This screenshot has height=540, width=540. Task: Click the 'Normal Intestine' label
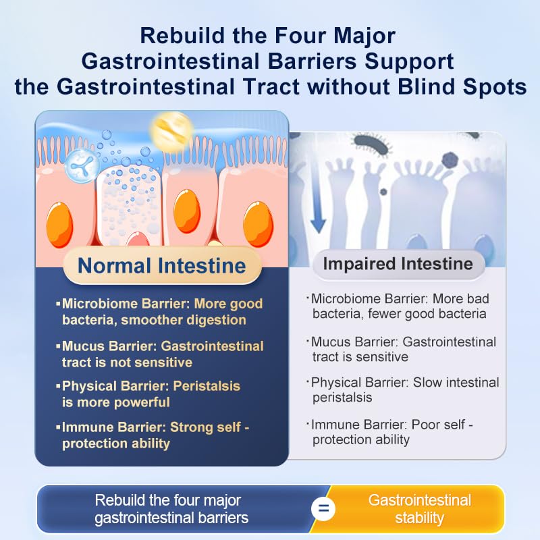[x=162, y=265]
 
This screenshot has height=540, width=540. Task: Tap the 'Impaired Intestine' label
[x=398, y=264]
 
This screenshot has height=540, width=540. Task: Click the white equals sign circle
[x=323, y=509]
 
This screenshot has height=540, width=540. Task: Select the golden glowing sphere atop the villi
[x=171, y=130]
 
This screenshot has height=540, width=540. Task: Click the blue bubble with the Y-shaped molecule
[x=82, y=165]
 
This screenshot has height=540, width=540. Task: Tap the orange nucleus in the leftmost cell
[x=59, y=225]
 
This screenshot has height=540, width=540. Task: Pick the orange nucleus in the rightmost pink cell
[x=258, y=224]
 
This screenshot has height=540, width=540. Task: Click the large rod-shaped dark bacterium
[x=373, y=144]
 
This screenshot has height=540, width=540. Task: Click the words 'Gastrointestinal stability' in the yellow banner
[x=419, y=509]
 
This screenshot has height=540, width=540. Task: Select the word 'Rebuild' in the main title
[x=182, y=36]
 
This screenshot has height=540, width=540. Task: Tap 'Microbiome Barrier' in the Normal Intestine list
[x=126, y=303]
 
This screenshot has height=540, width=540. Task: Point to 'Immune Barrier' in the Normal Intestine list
[x=114, y=427]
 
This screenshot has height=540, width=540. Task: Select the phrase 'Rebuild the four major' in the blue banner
[x=167, y=500]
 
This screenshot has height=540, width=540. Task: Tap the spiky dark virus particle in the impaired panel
[x=450, y=160]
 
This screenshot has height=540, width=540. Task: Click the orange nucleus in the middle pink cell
[x=187, y=211]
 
